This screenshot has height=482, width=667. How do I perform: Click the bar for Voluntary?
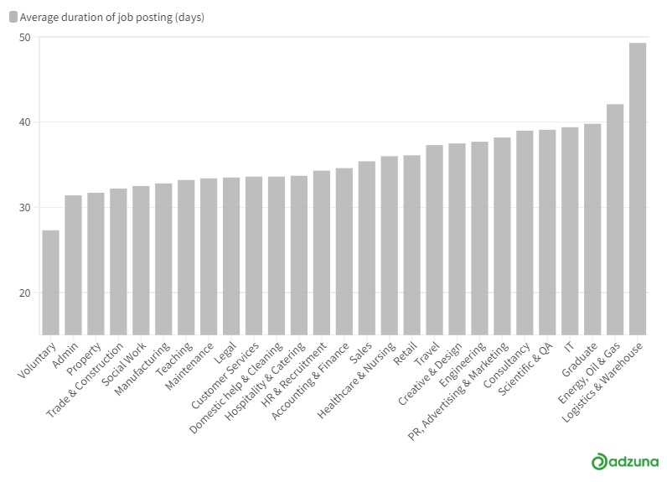click(x=50, y=282)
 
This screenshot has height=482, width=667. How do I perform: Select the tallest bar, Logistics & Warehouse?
click(x=637, y=189)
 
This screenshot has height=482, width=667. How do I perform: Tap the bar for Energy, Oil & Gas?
click(x=615, y=220)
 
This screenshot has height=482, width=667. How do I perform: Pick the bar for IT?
click(x=570, y=231)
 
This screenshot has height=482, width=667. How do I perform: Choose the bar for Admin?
click(x=73, y=265)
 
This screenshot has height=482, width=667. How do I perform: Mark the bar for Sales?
click(x=367, y=248)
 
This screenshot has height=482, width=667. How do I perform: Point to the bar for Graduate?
click(x=592, y=230)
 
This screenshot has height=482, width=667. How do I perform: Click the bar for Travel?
click(x=434, y=240)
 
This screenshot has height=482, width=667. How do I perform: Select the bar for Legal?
click(x=231, y=257)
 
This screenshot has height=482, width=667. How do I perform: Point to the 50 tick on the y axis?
click(x=25, y=38)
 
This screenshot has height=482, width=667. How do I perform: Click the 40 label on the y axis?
click(x=25, y=122)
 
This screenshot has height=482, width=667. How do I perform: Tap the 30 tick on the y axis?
click(x=25, y=208)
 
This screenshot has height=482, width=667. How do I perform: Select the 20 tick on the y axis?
click(x=25, y=293)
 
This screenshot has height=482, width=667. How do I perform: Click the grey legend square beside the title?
click(x=13, y=17)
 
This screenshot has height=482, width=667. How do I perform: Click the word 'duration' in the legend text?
click(x=80, y=17)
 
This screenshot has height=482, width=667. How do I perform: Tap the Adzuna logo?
click(x=625, y=462)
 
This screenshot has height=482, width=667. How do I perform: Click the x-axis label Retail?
click(x=406, y=354)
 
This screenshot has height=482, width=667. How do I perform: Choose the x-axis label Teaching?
click(x=175, y=359)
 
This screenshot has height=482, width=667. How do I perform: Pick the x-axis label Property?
click(x=85, y=359)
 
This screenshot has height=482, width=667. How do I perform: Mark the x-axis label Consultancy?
click(x=507, y=365)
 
